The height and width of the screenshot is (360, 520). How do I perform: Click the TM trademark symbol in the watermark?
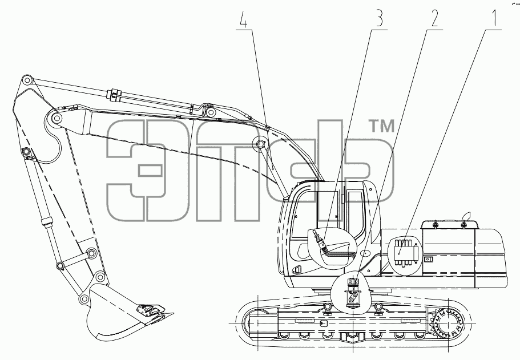click(382, 126)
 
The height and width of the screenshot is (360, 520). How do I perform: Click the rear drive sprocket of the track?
click(448, 322)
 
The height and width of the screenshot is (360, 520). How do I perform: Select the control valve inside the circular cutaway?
click(405, 253)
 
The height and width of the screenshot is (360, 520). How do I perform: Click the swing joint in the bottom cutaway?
click(353, 292)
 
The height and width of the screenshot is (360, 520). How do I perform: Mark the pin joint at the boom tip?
click(56, 118)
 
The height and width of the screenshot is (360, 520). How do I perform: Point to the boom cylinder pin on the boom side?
click(261, 144)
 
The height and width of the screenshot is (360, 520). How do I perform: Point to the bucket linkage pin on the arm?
click(92, 253)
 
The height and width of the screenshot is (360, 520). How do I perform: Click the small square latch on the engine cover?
click(429, 259)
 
